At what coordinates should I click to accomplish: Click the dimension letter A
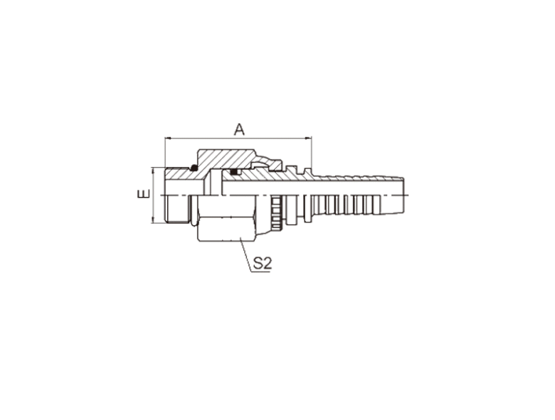pyautogui.click(x=239, y=129)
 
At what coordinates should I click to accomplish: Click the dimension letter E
pyautogui.click(x=144, y=194)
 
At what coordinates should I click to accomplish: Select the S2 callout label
pyautogui.click(x=263, y=263)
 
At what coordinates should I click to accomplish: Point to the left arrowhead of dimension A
pyautogui.click(x=167, y=139)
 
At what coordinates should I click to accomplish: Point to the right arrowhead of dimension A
pyautogui.click(x=309, y=139)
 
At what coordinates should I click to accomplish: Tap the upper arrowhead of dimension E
pyautogui.click(x=153, y=171)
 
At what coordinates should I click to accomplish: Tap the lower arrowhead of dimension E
pyautogui.click(x=153, y=220)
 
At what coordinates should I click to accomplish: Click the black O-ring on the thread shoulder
pyautogui.click(x=194, y=168)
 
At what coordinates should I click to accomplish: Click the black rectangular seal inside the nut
pyautogui.click(x=234, y=172)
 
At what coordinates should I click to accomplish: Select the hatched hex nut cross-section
pyautogui.click(x=226, y=158)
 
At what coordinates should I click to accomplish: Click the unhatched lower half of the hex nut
pyautogui.click(x=226, y=218)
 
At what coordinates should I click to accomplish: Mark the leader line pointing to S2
pyautogui.click(x=245, y=254)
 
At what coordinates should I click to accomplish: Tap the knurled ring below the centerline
pyautogui.click(x=276, y=213)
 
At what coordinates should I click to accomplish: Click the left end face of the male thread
pyautogui.click(x=165, y=195)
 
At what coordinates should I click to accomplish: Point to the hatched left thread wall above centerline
pyautogui.click(x=184, y=174)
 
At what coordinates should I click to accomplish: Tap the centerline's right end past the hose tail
pyautogui.click(x=408, y=195)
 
